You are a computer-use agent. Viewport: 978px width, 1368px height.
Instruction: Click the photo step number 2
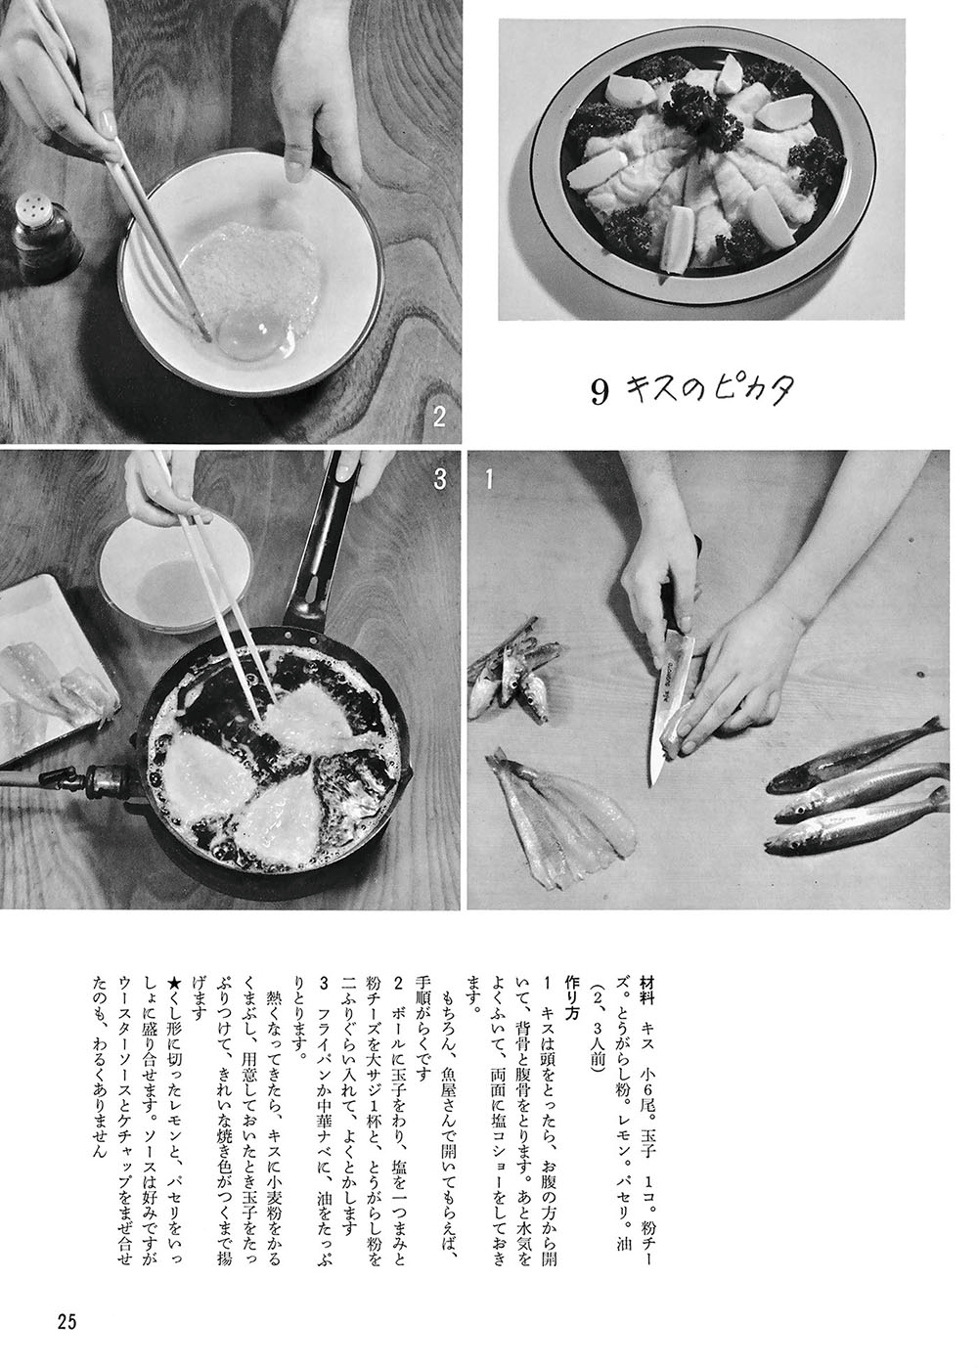click(x=439, y=418)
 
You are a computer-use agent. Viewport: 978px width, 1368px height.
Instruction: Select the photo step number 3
click(x=440, y=479)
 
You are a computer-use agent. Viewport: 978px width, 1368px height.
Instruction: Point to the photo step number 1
click(x=489, y=479)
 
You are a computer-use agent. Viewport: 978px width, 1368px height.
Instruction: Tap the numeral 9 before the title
click(x=600, y=393)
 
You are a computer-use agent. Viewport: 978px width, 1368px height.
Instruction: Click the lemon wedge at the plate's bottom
click(x=676, y=239)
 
